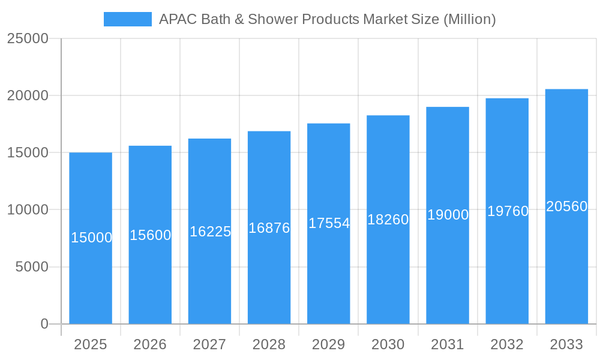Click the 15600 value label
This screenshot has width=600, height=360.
pyautogui.click(x=151, y=235)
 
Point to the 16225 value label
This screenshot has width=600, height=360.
pyautogui.click(x=210, y=232)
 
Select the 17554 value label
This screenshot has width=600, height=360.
pyautogui.click(x=329, y=223)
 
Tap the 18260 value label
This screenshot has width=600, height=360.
pyautogui.click(x=388, y=220)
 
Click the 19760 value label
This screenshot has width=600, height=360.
pyautogui.click(x=508, y=211)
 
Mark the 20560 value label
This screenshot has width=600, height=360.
pyautogui.click(x=566, y=206)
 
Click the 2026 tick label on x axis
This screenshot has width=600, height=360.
pyautogui.click(x=150, y=344)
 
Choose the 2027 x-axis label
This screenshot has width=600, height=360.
pyautogui.click(x=209, y=344)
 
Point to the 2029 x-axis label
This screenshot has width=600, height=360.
pyautogui.click(x=329, y=344)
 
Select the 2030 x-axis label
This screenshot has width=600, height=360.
pyautogui.click(x=388, y=344)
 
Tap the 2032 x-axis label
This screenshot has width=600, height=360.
pyautogui.click(x=507, y=344)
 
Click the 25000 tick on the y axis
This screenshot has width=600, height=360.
pyautogui.click(x=28, y=38)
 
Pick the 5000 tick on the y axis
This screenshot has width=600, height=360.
pyautogui.click(x=32, y=267)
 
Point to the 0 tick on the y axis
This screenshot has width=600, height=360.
pyautogui.click(x=44, y=324)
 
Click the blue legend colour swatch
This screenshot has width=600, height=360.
pyautogui.click(x=128, y=19)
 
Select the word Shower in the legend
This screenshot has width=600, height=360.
pyautogui.click(x=275, y=19)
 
